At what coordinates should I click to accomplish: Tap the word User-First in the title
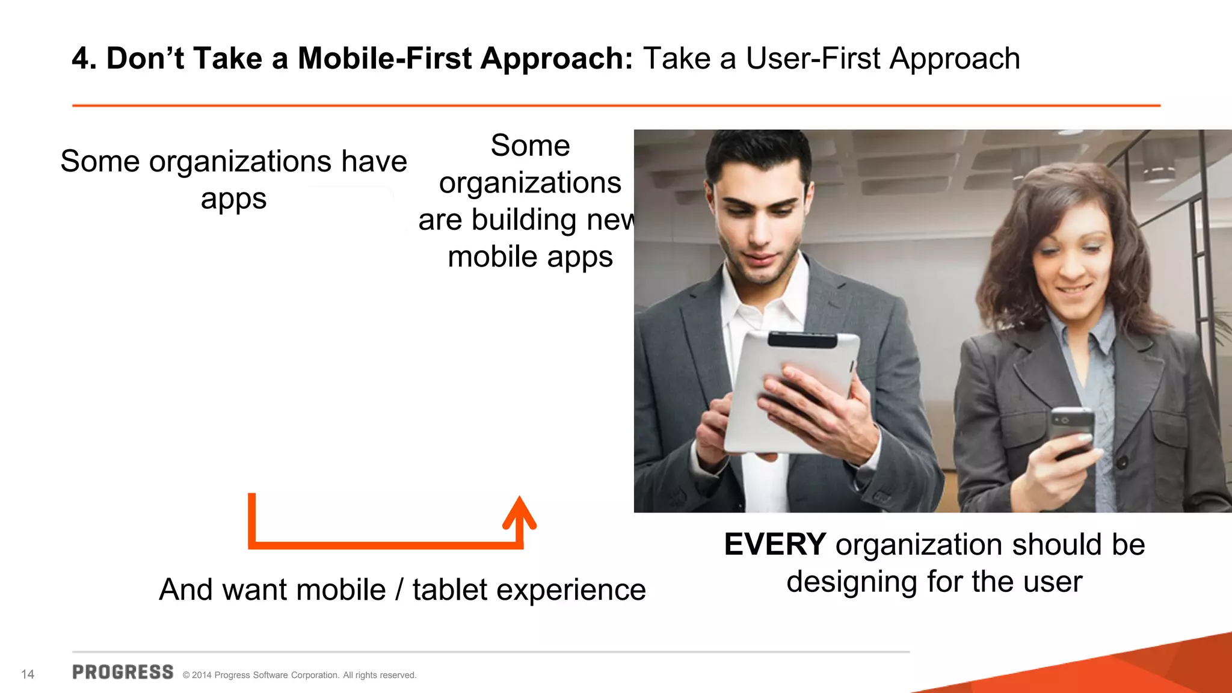point(813,59)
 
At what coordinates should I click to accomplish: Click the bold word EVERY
point(775,545)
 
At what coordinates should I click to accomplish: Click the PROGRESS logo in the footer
point(123,673)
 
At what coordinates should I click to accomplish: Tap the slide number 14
point(28,674)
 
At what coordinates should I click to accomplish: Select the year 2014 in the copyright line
point(202,675)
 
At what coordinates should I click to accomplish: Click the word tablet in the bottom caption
point(449,590)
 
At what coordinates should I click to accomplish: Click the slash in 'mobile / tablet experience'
point(399,590)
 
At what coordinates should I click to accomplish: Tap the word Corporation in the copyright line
point(315,675)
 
